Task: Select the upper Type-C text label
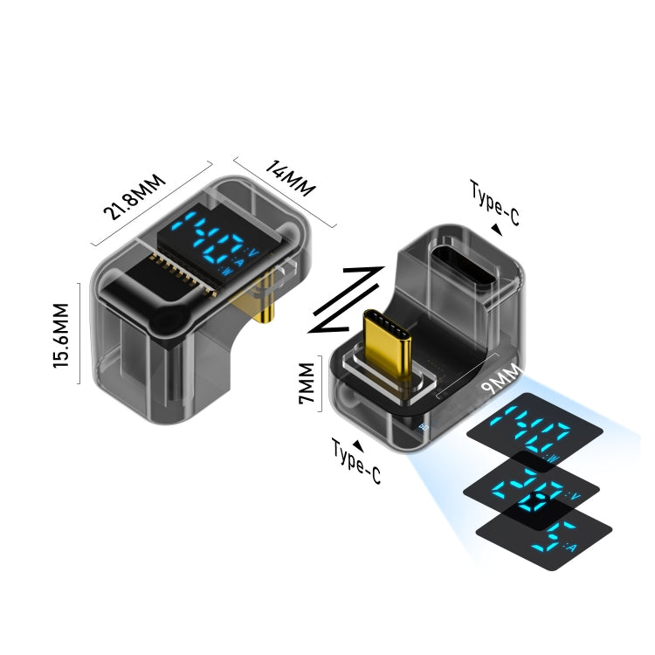click(494, 203)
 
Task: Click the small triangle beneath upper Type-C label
click(497, 230)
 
